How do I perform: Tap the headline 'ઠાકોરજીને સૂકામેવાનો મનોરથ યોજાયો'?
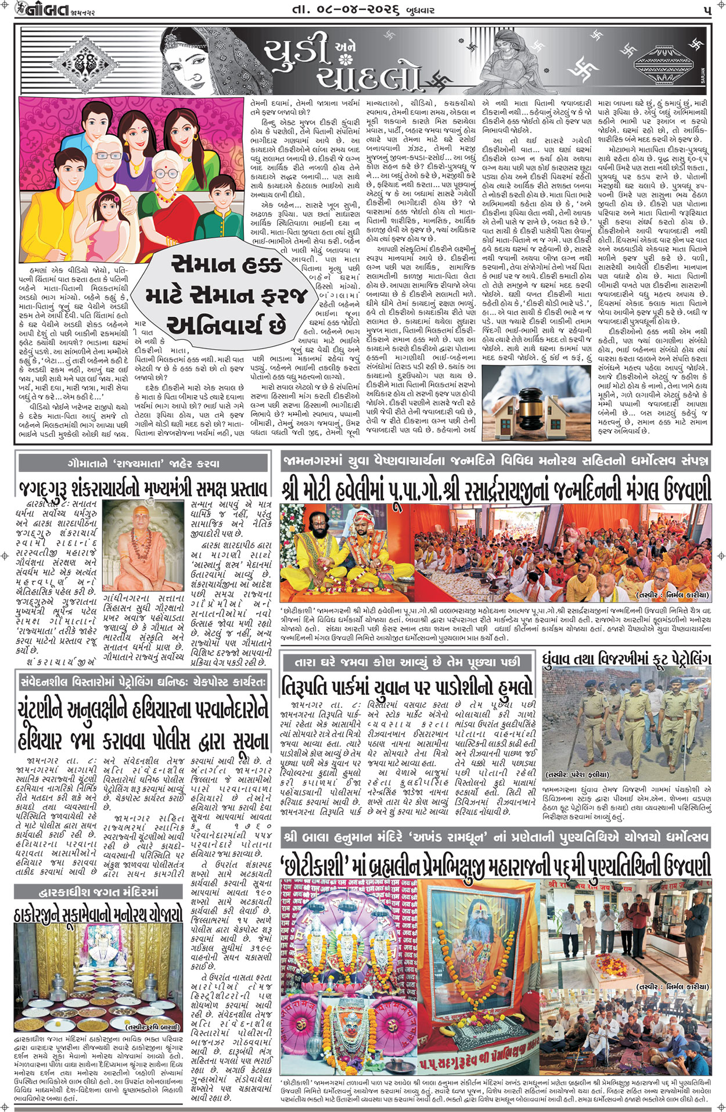[99, 914]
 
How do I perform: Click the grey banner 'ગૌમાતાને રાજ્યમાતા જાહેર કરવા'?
[143, 463]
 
